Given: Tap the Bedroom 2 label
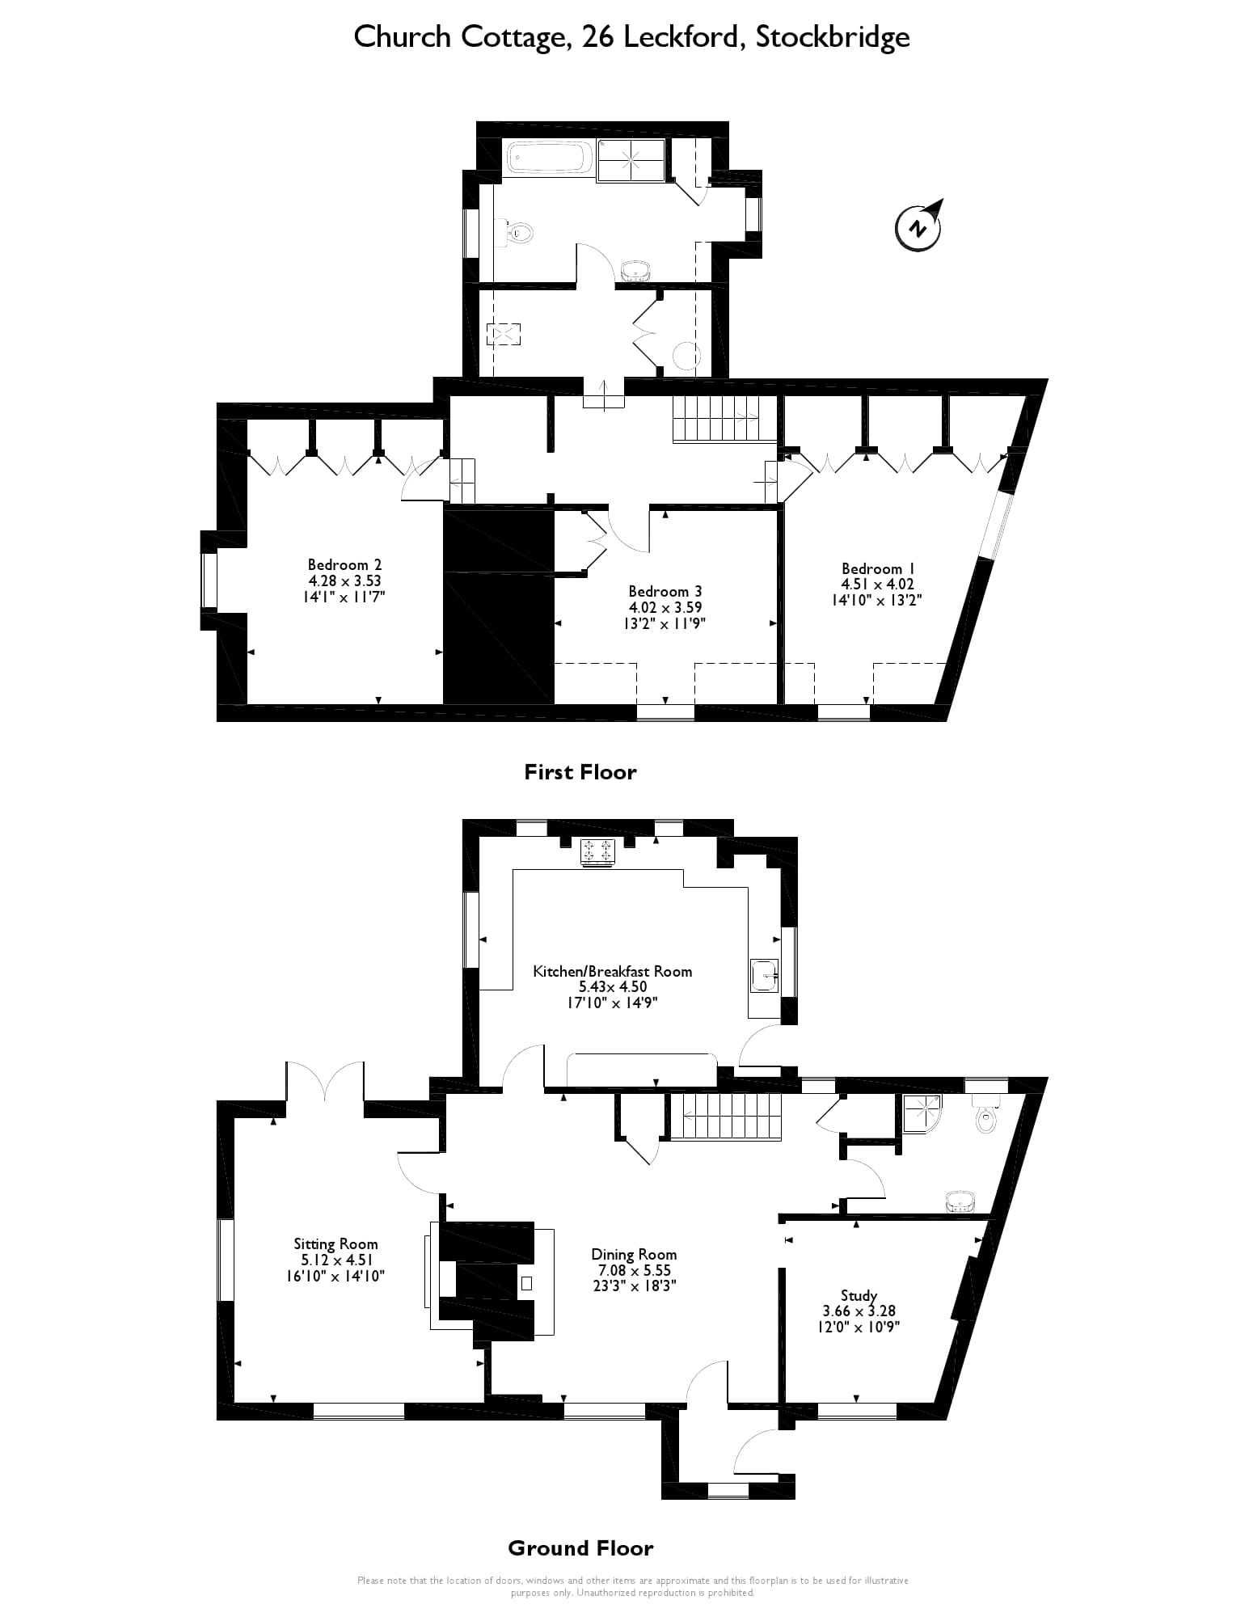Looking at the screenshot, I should point(344,564).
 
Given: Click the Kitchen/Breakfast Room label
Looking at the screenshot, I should point(612,971).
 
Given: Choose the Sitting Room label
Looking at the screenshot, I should point(335,1243).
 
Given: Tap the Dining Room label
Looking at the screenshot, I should point(634,1254).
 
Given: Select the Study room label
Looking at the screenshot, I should point(859,1294).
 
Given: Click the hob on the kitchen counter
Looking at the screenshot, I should point(598,852).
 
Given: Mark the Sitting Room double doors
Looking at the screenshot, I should point(324,1082).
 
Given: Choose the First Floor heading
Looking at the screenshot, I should point(580,772).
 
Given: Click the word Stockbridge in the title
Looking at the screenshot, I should point(832,37).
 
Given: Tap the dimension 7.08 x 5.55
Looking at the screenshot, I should point(634,1270).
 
